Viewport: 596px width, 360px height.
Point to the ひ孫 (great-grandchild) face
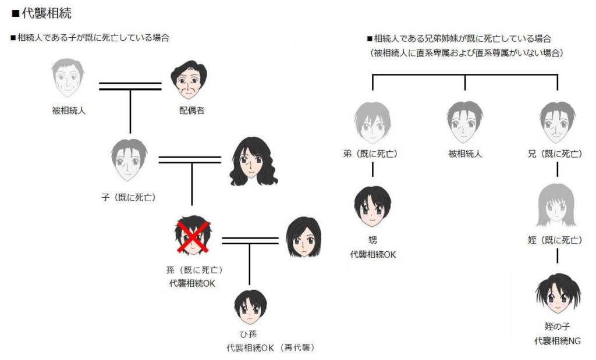pos(250,307)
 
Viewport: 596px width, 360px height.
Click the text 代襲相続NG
pos(557,341)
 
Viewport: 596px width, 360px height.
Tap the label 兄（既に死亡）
pos(556,154)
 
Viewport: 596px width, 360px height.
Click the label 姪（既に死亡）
pos(556,240)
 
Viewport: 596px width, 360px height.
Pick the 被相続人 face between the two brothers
pos(464,123)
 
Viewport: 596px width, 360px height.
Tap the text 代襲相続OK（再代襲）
pos(271,348)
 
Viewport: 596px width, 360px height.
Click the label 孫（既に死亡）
pos(194,270)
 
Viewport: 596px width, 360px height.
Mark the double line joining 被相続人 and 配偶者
pos(130,87)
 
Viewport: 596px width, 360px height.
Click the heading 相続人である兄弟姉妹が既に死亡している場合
pos(463,39)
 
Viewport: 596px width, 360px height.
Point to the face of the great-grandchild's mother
pos(303,237)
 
